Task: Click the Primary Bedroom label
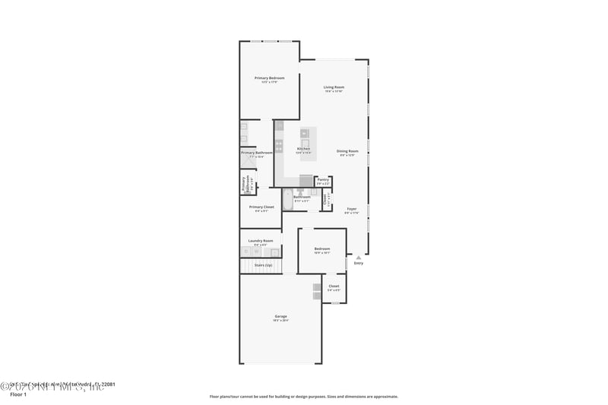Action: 269,78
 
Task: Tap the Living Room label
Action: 334,87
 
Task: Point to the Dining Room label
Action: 347,151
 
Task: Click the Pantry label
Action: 323,180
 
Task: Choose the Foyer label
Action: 351,209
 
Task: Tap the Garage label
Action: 280,316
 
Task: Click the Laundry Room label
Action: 260,241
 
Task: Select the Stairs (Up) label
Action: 263,265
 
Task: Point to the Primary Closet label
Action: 261,207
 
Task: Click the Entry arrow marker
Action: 359,257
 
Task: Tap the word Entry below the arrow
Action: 359,264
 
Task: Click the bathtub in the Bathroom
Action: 288,200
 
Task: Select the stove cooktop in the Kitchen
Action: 279,145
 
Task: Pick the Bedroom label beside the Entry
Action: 322,248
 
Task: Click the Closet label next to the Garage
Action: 334,286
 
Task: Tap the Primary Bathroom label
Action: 257,153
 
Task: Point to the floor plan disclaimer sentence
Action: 303,396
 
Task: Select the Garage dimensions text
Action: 280,321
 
